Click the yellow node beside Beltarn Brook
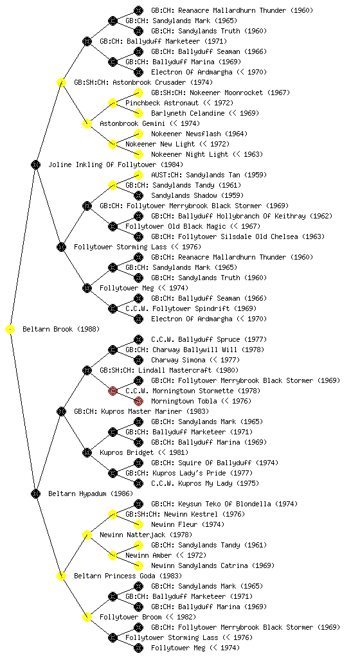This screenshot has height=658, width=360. [10, 329]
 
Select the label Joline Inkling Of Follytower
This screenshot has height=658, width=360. [98, 164]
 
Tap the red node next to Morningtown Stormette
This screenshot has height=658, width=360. [113, 391]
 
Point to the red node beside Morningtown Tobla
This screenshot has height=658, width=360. [138, 401]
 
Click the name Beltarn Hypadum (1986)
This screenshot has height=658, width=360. [91, 493]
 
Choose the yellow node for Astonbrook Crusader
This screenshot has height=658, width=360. [61, 82]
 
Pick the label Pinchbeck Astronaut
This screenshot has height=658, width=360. [162, 103]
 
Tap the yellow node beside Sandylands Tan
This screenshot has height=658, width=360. [138, 175]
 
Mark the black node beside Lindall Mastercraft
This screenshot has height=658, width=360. [87, 370]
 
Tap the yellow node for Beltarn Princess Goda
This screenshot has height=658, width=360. [61, 576]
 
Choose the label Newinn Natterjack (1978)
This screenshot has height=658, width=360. [146, 535]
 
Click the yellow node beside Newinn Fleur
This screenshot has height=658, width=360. [138, 524]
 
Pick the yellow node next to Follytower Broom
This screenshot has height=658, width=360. [87, 617]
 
